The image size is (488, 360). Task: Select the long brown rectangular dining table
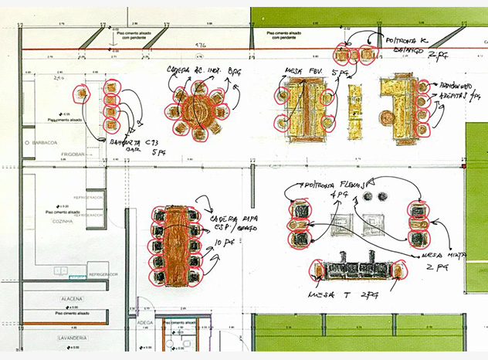[175, 243]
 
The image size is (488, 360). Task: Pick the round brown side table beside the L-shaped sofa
[385, 116]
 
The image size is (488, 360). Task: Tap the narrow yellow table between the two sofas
[355, 112]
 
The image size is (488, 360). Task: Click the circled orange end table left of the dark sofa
[316, 270]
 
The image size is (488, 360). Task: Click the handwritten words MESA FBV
[296, 72]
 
